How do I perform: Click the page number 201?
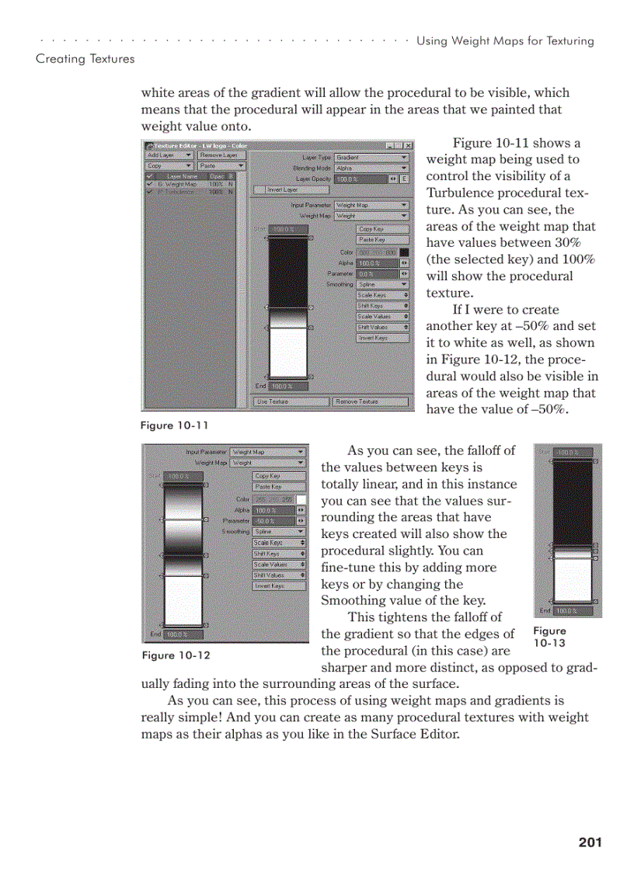(x=590, y=842)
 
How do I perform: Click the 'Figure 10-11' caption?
(x=174, y=425)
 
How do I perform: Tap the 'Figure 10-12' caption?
(x=176, y=655)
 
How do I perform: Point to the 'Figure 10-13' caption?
(x=549, y=637)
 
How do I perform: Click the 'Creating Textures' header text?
(x=85, y=59)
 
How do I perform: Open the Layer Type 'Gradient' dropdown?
(x=371, y=158)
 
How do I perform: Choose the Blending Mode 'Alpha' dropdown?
(x=371, y=168)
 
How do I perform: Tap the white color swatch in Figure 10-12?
(x=301, y=499)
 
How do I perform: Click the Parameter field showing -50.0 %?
(x=274, y=520)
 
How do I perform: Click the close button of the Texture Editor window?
(x=409, y=145)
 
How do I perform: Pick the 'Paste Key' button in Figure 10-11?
(x=382, y=240)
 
